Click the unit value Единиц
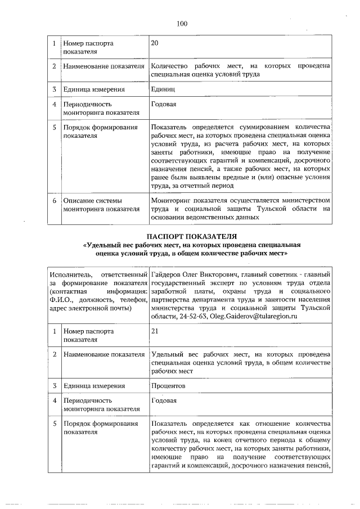pyautogui.click(x=164, y=89)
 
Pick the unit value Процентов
pyautogui.click(x=169, y=386)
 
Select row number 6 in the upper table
pyautogui.click(x=54, y=200)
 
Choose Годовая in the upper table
pyautogui.click(x=164, y=104)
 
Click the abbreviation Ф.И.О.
pyautogui.click(x=62, y=300)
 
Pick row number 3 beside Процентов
pyautogui.click(x=54, y=386)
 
